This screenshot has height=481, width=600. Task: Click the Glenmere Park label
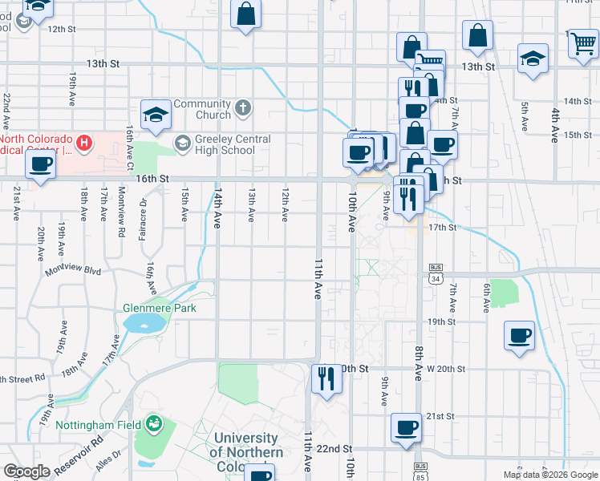(159, 308)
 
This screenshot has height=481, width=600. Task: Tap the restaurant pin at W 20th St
(326, 377)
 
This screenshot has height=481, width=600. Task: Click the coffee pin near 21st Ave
(40, 164)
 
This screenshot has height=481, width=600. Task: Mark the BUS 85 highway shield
(420, 465)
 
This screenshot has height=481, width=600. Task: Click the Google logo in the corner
(27, 471)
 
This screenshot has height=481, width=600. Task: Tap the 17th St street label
(442, 228)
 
